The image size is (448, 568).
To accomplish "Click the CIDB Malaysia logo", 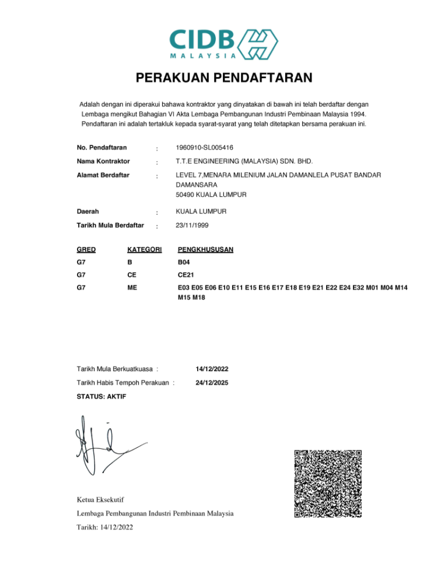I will pyautogui.click(x=223, y=43).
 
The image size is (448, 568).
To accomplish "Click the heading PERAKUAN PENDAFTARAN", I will pyautogui.click(x=224, y=78).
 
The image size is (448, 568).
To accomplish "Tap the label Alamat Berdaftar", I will pyautogui.click(x=103, y=175).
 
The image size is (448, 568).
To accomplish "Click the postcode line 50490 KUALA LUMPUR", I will pyautogui.click(x=211, y=194).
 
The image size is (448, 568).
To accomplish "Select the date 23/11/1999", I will pyautogui.click(x=192, y=225).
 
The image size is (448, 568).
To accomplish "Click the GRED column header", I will pyautogui.click(x=86, y=249).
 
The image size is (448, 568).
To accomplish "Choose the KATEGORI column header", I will pyautogui.click(x=144, y=249).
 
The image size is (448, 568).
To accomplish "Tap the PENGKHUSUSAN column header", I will pyautogui.click(x=205, y=249).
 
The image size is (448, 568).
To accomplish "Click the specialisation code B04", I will pyautogui.click(x=184, y=263).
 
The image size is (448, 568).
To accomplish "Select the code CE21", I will pyautogui.click(x=186, y=276).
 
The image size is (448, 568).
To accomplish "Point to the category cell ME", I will pyautogui.click(x=132, y=288).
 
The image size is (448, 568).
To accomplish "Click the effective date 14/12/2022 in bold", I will pyautogui.click(x=212, y=369).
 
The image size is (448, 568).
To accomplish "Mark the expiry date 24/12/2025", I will pyautogui.click(x=212, y=383).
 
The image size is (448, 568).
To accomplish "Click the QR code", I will pyautogui.click(x=328, y=483).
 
